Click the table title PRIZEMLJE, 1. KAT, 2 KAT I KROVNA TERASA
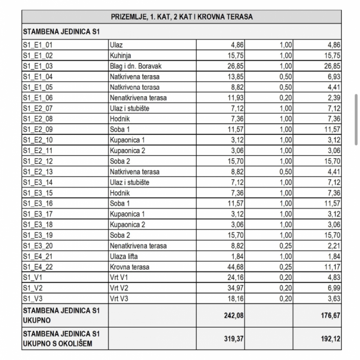[181, 17]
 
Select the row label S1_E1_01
[38, 45]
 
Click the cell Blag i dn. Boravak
[136, 66]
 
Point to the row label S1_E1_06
[38, 98]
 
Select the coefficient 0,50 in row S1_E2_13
[286, 172]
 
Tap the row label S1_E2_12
[38, 162]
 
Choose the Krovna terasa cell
[129, 267]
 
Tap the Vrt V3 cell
[119, 299]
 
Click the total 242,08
[234, 316]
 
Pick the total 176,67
[331, 316]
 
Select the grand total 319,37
[234, 339]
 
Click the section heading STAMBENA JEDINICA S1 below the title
[61, 31]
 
